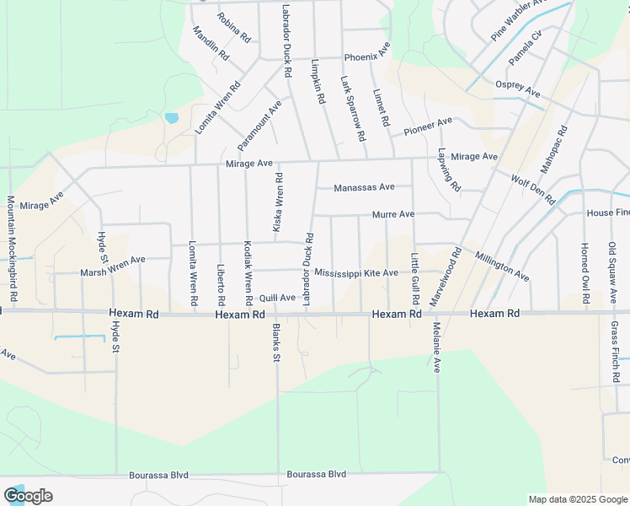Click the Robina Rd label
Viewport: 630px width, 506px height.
(x=233, y=27)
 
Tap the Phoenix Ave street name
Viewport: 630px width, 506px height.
(x=366, y=57)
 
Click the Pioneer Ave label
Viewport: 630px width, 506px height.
(x=428, y=126)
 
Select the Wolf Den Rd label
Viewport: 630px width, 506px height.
(x=532, y=189)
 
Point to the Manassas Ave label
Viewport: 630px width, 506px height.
(x=364, y=187)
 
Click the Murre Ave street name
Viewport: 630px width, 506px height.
(x=393, y=215)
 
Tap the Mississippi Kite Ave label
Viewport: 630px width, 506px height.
(x=355, y=273)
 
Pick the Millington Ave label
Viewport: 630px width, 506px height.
(x=501, y=266)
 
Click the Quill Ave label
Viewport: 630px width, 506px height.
(x=277, y=298)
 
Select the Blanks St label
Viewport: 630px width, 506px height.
(x=275, y=343)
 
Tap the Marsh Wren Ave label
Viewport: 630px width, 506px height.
(x=113, y=266)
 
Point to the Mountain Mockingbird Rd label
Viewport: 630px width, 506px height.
(x=12, y=250)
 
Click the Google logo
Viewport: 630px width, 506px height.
(x=28, y=496)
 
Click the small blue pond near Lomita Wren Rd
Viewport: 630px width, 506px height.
(x=172, y=118)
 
